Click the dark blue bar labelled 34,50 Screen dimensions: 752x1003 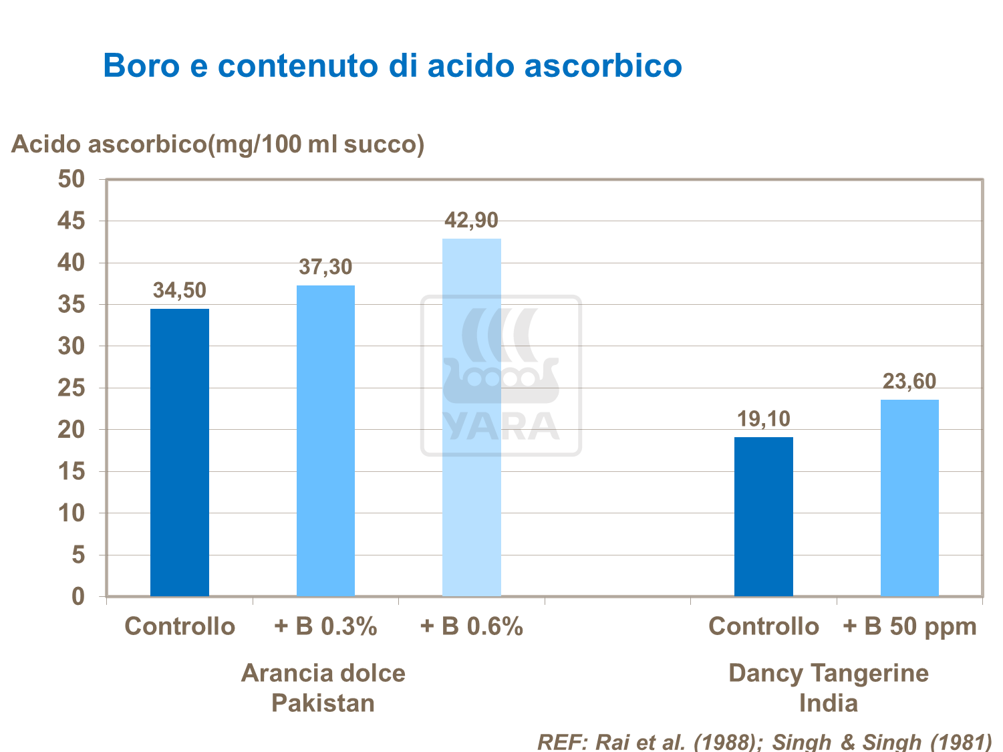[x=179, y=452]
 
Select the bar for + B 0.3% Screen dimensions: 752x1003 [x=325, y=441]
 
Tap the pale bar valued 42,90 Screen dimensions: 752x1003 [x=471, y=417]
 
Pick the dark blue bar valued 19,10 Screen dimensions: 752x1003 [x=763, y=516]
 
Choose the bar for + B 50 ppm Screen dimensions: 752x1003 [x=909, y=497]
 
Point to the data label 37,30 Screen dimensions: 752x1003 [x=325, y=267]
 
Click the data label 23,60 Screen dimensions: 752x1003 [x=909, y=382]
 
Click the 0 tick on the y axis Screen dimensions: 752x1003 [x=78, y=596]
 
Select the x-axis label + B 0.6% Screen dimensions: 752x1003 [x=471, y=626]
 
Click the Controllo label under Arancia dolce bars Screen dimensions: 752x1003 [x=180, y=626]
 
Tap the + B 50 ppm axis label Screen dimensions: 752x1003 [x=909, y=626]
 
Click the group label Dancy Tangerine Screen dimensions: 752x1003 [x=828, y=672]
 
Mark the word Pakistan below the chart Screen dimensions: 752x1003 [x=323, y=703]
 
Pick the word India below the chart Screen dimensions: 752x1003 [x=828, y=703]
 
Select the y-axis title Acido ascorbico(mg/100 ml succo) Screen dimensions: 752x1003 [x=218, y=144]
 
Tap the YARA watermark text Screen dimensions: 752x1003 [x=500, y=426]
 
